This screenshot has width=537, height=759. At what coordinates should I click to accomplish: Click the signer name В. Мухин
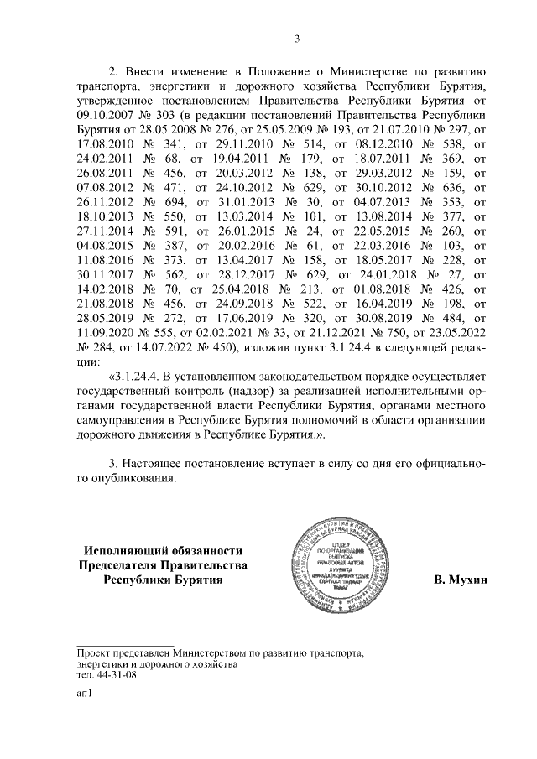coord(458,580)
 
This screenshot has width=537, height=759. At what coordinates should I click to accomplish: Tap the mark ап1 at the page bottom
coord(83,694)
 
